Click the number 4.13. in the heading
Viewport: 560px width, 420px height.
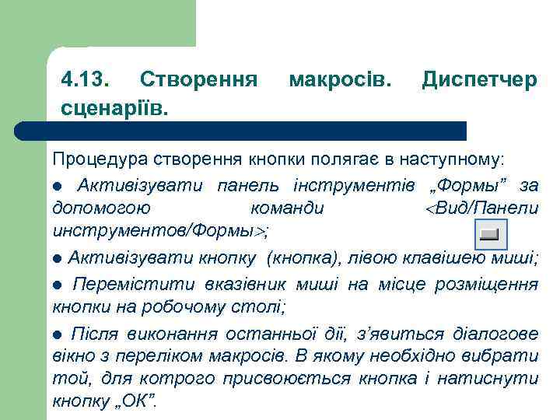[x=86, y=80]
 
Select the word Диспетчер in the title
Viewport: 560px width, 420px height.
[x=479, y=80]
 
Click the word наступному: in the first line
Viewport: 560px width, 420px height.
[x=451, y=161]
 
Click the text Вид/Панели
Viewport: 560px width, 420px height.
[x=488, y=208]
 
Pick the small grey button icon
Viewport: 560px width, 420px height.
[x=490, y=233]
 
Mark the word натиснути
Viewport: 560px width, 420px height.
[x=488, y=380]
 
